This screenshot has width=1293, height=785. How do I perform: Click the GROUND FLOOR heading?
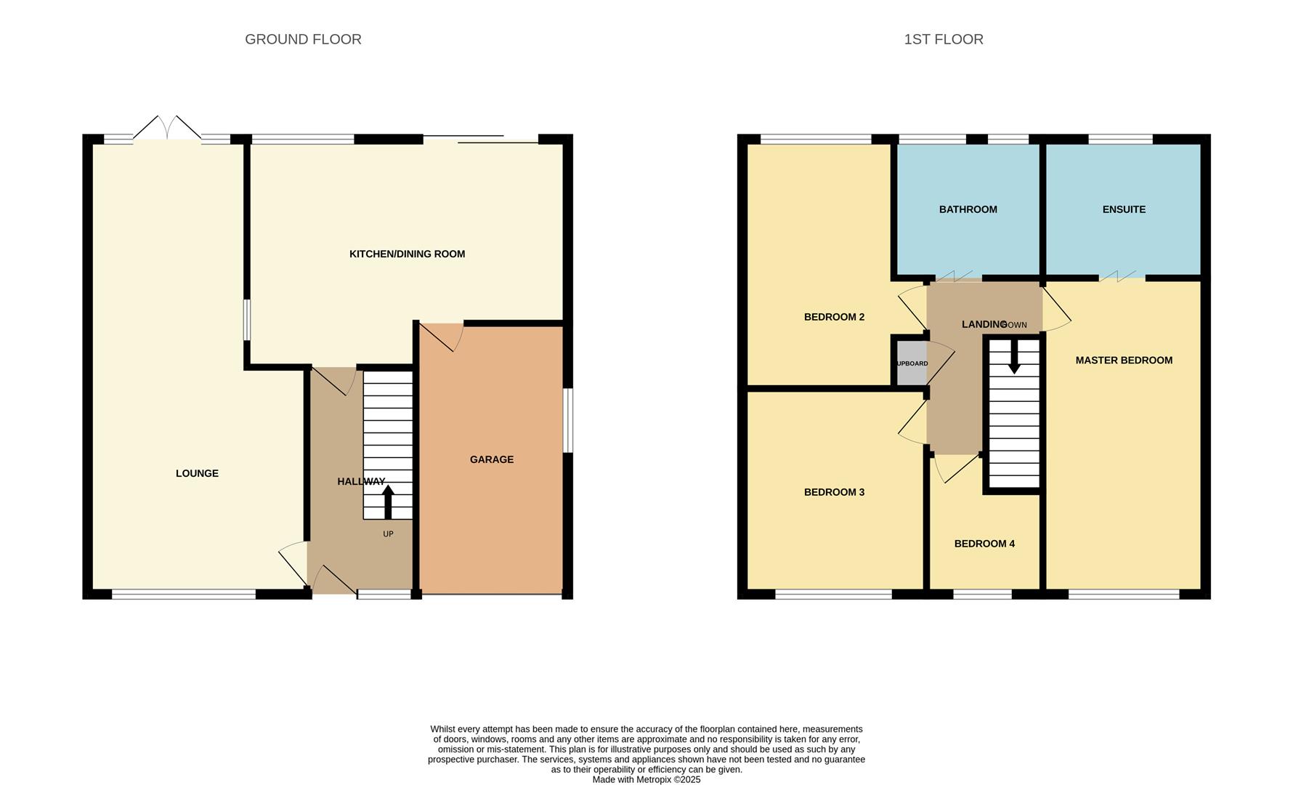click(x=303, y=39)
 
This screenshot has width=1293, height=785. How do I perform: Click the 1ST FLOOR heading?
click(x=943, y=39)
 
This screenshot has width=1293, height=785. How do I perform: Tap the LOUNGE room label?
click(x=197, y=473)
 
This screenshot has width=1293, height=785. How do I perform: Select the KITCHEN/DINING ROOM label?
click(x=407, y=254)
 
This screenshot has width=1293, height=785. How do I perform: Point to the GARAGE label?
click(x=492, y=459)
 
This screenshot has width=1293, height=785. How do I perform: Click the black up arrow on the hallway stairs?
click(x=388, y=502)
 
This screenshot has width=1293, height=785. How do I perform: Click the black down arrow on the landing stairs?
click(x=1014, y=358)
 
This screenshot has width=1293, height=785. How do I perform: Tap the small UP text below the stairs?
click(x=388, y=534)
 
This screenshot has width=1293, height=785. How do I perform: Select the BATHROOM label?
click(x=968, y=209)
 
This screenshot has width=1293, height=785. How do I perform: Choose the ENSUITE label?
click(x=1124, y=209)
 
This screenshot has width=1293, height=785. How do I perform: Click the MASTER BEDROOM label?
click(x=1124, y=361)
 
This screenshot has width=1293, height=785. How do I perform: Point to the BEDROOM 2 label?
click(x=834, y=317)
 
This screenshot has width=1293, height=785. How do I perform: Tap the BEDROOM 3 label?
click(x=834, y=492)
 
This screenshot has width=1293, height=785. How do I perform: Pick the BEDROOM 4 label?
click(x=984, y=544)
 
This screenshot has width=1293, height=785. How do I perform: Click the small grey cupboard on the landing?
click(x=912, y=363)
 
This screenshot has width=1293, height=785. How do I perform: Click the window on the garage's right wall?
click(x=569, y=420)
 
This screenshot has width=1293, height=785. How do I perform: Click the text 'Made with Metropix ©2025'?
click(x=646, y=779)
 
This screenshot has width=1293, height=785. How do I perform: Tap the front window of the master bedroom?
click(x=1124, y=595)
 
